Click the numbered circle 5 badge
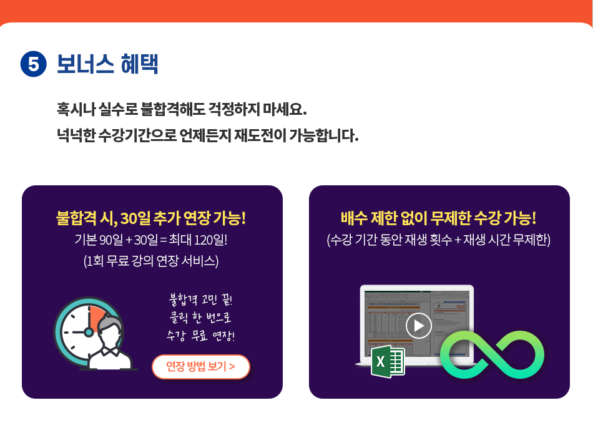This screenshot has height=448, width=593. click(33, 64)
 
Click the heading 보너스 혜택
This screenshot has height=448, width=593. click(107, 64)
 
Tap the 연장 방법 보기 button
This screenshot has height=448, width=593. click(201, 367)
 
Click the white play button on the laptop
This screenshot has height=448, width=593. click(419, 326)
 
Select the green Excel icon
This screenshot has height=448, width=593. click(388, 361)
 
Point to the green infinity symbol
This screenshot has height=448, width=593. click(492, 354)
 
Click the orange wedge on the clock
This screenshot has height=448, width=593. click(97, 318)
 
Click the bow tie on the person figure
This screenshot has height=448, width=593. click(110, 351)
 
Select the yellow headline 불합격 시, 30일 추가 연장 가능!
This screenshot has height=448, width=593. click(151, 218)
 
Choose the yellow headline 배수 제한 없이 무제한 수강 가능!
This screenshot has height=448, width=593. click(438, 218)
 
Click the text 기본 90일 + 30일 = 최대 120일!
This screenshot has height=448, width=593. click(151, 240)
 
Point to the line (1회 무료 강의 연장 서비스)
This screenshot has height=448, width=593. click(151, 261)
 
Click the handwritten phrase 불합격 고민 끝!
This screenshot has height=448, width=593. click(200, 299)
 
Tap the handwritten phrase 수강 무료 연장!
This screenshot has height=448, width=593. click(200, 335)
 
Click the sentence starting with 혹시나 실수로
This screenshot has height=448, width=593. click(182, 109)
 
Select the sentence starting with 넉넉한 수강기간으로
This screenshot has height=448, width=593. click(207, 135)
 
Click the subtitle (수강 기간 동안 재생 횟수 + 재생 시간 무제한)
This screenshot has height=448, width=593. click(438, 240)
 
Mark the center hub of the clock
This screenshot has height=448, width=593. click(89, 333)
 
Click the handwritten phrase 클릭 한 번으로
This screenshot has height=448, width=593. click(200, 317)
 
